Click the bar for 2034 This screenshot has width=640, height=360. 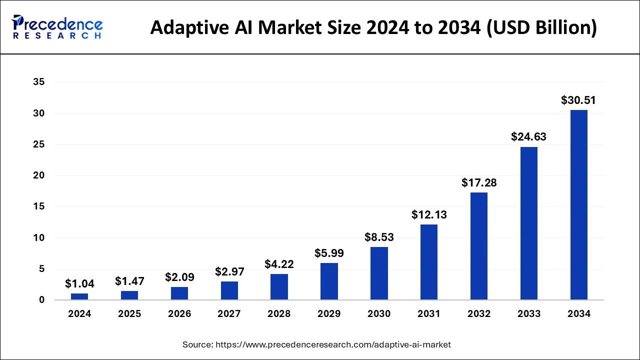tap(578, 205)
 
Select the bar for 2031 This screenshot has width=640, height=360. tap(428, 262)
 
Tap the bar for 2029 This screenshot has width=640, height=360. tap(329, 281)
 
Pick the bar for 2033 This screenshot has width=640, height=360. tap(528, 223)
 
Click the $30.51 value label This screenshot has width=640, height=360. tap(578, 100)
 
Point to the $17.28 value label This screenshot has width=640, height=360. tap(479, 182)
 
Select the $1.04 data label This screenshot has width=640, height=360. tap(79, 283)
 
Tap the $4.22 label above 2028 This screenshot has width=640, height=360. tap(279, 264)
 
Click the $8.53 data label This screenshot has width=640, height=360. tap(379, 237)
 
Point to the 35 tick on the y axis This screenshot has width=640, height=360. tap(39, 82)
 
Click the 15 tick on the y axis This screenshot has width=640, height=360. tap(39, 206)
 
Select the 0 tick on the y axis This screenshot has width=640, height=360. tap(42, 300)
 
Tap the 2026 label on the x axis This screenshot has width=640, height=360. tap(179, 314)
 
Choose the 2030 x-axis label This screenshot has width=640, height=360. tap(379, 314)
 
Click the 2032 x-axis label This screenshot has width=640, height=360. tap(479, 314)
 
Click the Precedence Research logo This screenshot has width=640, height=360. tap(57, 27)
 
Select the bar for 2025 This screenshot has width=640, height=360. tap(129, 295)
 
